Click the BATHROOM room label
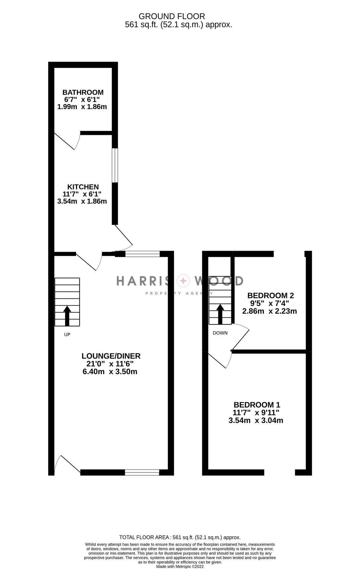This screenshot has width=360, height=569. tap(83, 92)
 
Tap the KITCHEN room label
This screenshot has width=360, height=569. tap(83, 187)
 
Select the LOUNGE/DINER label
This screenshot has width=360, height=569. tap(111, 356)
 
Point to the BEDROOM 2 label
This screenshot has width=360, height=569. tap(270, 296)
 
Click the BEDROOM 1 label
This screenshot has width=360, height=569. tap(257, 405)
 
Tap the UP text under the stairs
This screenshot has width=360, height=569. tap(67, 334)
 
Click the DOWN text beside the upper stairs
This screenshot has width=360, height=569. tap(220, 333)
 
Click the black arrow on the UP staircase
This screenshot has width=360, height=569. tap(67, 315)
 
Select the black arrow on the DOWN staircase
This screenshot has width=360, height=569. tap(220, 314)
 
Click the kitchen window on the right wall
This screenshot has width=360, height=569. tap(115, 165)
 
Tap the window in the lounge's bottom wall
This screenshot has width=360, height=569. tap(142, 473)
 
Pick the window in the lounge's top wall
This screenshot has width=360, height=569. tap(142, 254)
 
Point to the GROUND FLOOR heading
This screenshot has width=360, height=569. tap(172, 16)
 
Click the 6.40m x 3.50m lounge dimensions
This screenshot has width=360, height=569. tap(110, 371)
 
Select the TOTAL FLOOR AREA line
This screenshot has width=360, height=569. tap(180, 537)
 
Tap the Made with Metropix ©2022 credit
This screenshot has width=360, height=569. tap(180, 567)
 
